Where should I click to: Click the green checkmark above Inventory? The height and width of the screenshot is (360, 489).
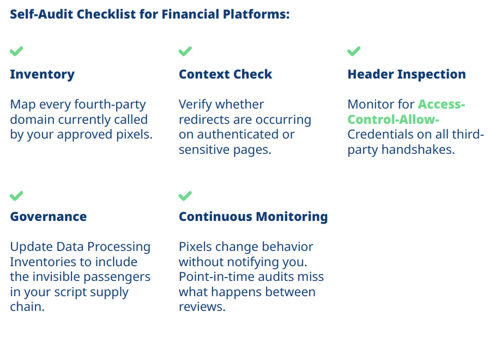[x=16, y=51]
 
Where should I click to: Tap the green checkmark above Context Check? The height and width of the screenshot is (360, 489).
[x=185, y=51]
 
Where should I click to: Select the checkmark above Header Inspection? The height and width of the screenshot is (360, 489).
[x=354, y=51]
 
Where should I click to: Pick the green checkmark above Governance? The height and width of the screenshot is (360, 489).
[x=16, y=196]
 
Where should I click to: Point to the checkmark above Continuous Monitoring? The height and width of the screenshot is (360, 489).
[x=185, y=196]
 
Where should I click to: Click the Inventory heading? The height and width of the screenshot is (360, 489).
[x=43, y=75]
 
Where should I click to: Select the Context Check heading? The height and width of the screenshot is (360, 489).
[x=226, y=74]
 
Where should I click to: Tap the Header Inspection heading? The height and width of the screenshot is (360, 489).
[x=407, y=75]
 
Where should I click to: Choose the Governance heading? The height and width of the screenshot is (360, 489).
[x=49, y=217]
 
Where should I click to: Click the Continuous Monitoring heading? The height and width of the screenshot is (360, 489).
[x=253, y=217]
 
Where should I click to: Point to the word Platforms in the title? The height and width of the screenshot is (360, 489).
[x=256, y=14]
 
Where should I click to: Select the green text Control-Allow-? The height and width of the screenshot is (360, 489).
[x=394, y=119]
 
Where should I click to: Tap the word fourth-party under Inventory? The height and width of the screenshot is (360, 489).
[x=110, y=105]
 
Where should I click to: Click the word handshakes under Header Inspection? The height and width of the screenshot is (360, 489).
[x=418, y=150]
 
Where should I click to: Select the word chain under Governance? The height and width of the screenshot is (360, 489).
[x=27, y=307]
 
